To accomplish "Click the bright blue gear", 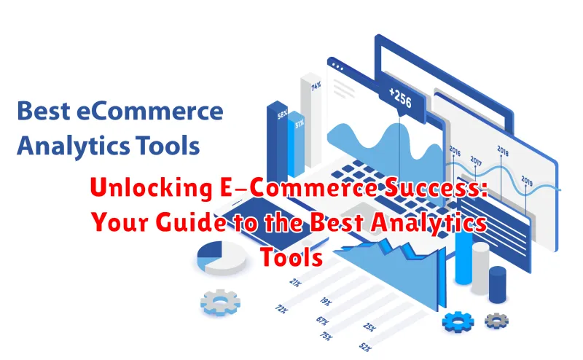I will [x=458, y=321].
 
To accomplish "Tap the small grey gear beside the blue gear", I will [x=497, y=320].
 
